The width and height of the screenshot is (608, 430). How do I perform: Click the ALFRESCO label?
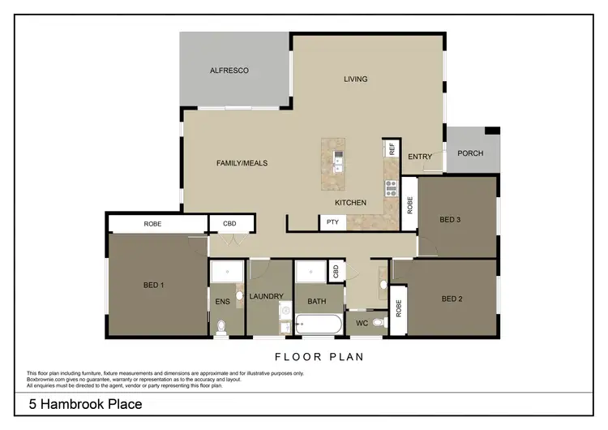tap(229, 71)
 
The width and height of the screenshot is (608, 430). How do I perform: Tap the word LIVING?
tap(355, 79)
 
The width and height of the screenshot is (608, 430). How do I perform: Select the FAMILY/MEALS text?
tap(242, 163)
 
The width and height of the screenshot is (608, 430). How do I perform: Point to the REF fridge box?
tap(392, 148)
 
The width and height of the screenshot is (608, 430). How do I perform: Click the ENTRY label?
tap(419, 157)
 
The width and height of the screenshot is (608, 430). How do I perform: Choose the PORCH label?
tap(470, 153)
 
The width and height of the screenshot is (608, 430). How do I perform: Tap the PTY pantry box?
tap(332, 222)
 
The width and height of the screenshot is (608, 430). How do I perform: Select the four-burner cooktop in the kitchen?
tap(391, 188)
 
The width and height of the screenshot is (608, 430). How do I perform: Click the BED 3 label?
tap(451, 220)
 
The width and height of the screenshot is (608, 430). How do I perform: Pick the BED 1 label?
tap(154, 285)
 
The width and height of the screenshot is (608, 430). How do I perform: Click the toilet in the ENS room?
tap(221, 327)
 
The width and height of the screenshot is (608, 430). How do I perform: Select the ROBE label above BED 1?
tap(153, 223)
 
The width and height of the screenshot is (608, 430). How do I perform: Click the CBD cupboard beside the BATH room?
tap(336, 272)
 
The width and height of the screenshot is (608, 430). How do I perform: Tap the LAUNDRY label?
tap(265, 298)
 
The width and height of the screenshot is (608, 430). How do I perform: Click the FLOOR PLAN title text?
tap(319, 356)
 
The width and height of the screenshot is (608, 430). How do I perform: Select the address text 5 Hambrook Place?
tap(85, 404)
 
